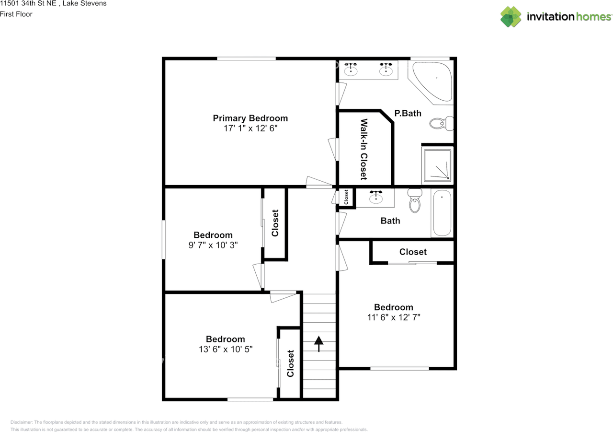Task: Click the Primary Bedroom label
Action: point(250,118)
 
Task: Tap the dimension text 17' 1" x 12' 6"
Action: point(250,128)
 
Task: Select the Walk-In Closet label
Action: point(363,149)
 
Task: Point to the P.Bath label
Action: point(408,113)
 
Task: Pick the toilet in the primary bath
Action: point(441,124)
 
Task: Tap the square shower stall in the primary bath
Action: point(437,166)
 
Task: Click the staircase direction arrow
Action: point(318,343)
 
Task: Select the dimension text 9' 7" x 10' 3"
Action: point(213,245)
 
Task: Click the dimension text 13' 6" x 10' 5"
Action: point(226,349)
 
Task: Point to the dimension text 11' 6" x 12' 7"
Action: point(394,317)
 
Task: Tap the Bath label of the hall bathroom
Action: point(390,221)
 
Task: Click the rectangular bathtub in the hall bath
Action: point(442,213)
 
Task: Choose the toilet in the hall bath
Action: point(415,200)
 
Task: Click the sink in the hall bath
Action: point(376,197)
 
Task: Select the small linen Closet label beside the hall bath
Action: point(346,197)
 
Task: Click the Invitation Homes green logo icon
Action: point(511,17)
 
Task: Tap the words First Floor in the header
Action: point(16,14)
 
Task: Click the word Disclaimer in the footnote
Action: point(22,422)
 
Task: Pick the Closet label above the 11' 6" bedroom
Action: point(413,252)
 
